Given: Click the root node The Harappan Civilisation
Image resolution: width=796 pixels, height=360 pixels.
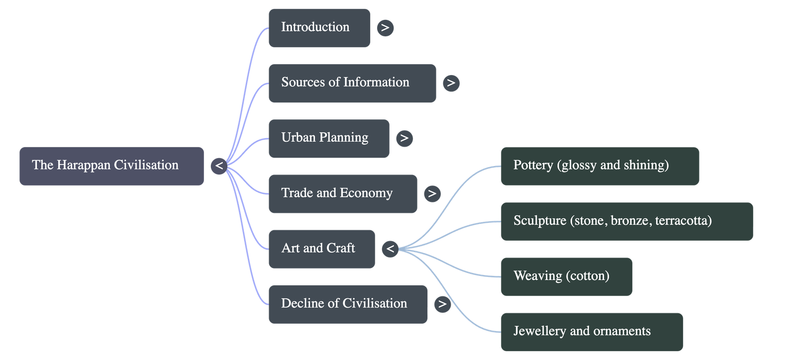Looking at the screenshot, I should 111,166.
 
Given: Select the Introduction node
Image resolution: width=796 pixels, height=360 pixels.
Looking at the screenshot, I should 319,28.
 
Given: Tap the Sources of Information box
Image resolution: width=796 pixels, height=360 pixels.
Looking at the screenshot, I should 352,83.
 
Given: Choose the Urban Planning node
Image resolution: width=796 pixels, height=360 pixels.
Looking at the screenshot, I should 328,138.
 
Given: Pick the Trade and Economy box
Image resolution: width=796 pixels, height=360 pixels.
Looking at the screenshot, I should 342,193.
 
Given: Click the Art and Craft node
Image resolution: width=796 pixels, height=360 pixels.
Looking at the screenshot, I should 321,249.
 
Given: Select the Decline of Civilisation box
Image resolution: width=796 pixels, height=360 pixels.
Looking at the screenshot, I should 347,304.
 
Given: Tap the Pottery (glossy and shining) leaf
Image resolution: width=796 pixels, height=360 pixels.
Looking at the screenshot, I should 599,166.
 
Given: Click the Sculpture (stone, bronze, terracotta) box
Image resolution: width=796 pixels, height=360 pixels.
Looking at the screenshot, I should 626,221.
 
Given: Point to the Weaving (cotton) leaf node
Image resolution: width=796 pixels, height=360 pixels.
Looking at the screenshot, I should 566,276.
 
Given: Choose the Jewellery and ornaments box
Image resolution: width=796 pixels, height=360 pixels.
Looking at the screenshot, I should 591,332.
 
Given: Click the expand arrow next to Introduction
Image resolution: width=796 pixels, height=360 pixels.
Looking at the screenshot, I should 385,28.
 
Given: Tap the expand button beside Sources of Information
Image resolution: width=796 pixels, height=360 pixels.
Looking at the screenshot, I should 451,83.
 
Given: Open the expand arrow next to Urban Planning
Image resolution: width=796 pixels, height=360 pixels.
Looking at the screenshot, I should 404,138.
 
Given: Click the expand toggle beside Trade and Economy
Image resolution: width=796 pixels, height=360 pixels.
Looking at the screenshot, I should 432,193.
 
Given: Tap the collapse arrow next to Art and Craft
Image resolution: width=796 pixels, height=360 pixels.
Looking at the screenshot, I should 391,249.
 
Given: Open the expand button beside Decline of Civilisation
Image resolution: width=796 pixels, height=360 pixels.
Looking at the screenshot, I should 442,304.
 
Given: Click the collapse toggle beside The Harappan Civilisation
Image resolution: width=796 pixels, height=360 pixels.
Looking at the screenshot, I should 219,166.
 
